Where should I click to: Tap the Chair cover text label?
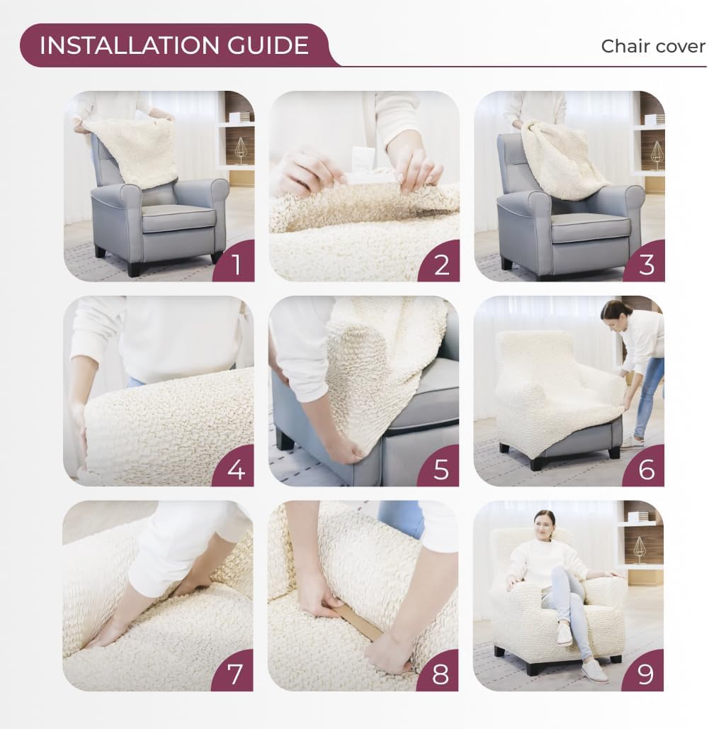tap(652, 46)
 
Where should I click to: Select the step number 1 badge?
tap(236, 264)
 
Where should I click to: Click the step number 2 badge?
tap(441, 264)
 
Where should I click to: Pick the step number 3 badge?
tap(646, 264)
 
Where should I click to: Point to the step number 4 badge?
tap(236, 469)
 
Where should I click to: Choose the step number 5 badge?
tap(441, 469)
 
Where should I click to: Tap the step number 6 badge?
tap(646, 469)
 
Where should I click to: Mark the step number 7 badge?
tap(236, 674)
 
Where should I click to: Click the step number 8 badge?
tap(441, 674)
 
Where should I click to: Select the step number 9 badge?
tap(646, 674)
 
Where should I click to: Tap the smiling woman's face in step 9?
tap(545, 523)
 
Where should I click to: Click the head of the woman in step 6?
tap(615, 310)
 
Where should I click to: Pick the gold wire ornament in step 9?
tap(639, 548)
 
